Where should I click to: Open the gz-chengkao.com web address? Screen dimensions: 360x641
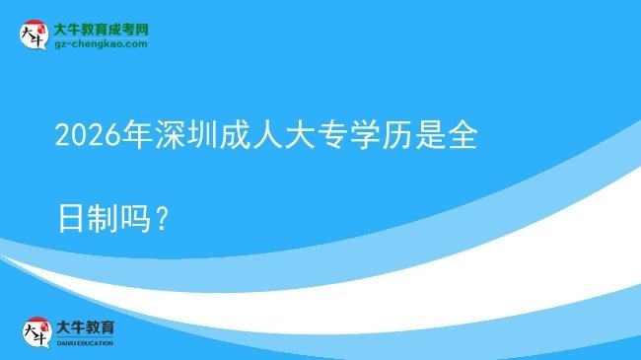pyautogui.click(x=101, y=44)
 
